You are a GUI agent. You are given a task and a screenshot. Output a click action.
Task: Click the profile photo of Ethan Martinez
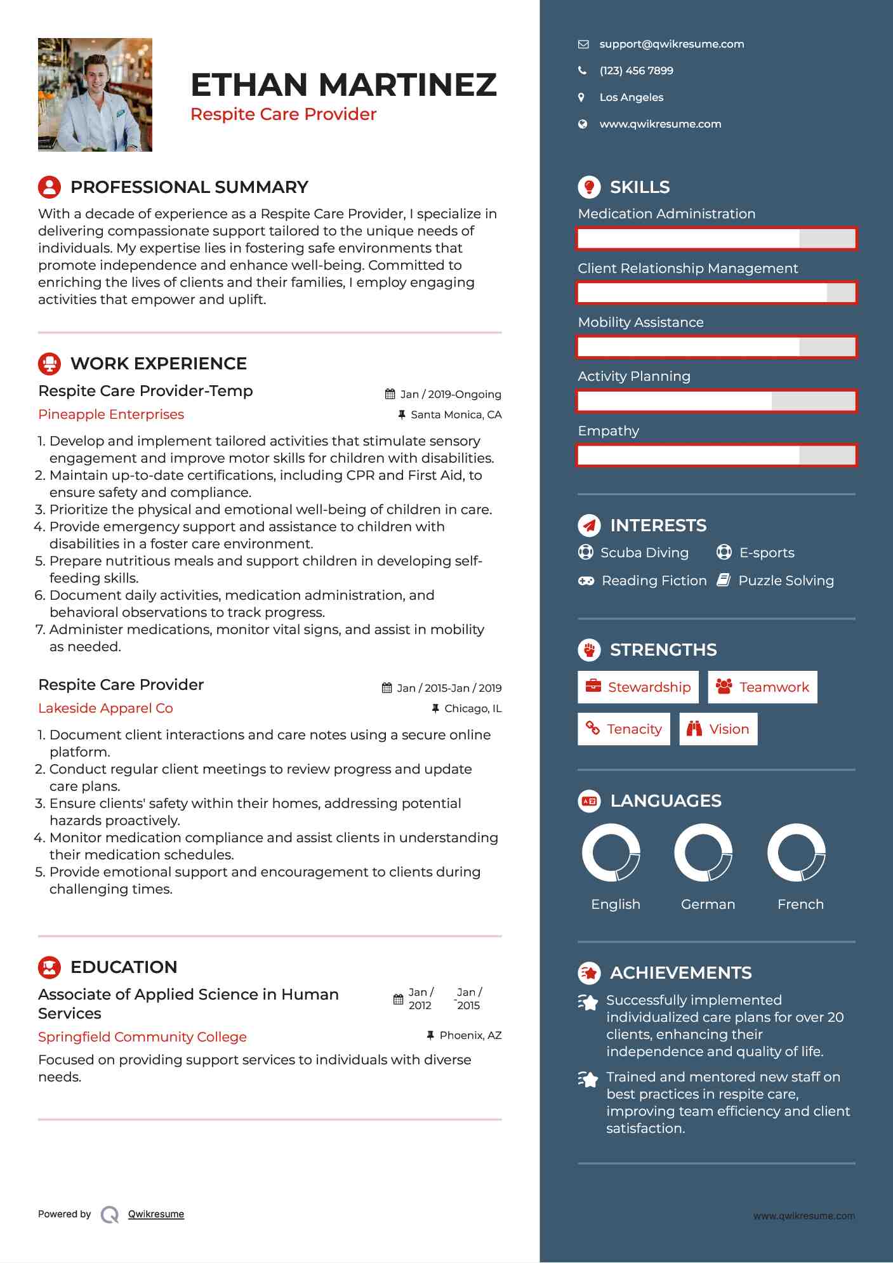tap(95, 95)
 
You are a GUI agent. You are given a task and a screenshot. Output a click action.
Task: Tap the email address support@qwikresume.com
tap(671, 44)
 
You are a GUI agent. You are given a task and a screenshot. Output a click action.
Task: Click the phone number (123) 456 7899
tap(636, 71)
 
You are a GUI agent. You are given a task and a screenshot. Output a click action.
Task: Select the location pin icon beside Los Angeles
tap(581, 98)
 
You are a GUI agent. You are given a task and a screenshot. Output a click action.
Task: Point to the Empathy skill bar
tap(717, 456)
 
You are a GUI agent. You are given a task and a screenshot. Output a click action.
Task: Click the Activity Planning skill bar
tap(717, 401)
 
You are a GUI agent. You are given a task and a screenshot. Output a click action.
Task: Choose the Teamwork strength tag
tap(762, 687)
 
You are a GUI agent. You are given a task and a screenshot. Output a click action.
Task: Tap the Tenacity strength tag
tap(623, 729)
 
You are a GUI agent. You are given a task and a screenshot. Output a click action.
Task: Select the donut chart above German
tap(703, 853)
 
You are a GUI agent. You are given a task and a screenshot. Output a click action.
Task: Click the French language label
tap(800, 904)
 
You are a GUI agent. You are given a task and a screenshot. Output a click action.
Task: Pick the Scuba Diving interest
tap(644, 553)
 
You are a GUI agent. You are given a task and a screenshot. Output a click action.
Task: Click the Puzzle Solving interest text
tap(786, 581)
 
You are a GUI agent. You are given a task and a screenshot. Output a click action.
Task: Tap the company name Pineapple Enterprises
tap(111, 414)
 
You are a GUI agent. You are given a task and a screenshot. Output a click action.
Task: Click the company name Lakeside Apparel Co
tap(105, 708)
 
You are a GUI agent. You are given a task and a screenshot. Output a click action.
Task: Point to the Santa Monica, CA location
tap(456, 415)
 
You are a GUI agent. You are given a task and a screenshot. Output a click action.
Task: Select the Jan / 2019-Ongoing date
tap(450, 394)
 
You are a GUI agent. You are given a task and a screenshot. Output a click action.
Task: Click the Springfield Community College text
tap(142, 1037)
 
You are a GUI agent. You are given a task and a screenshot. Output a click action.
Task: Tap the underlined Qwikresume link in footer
tap(156, 1214)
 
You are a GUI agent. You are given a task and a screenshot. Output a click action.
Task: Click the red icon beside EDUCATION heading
tap(50, 967)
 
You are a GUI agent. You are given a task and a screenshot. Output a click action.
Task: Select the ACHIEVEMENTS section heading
tap(680, 973)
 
